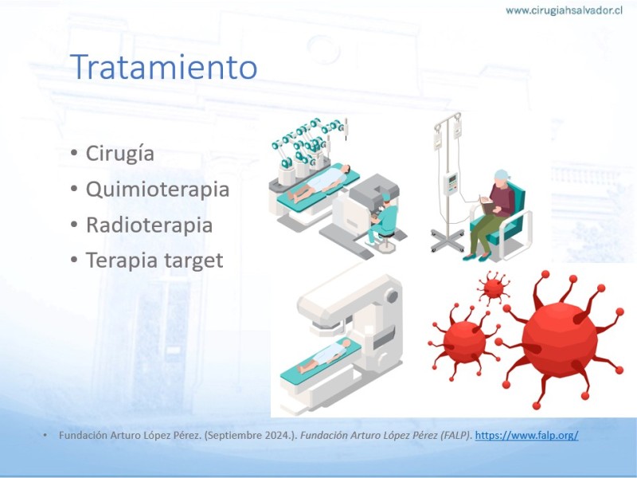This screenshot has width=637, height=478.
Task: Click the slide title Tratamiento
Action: click(x=164, y=66)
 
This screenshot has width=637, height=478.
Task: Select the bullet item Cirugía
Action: click(x=120, y=154)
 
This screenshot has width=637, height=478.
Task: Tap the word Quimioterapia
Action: click(x=158, y=190)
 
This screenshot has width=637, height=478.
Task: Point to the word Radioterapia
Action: click(x=149, y=225)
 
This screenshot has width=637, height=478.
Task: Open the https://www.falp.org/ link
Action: click(x=526, y=435)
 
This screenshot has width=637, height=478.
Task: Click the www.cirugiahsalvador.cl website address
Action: click(x=564, y=10)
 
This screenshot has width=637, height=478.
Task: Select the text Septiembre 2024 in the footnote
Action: click(x=239, y=435)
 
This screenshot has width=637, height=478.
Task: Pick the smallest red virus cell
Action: click(x=494, y=288)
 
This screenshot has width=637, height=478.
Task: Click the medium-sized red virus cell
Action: click(x=464, y=342)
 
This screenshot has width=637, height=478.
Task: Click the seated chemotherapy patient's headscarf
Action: click(x=502, y=176)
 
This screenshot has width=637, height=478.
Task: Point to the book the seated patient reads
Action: click(x=487, y=206)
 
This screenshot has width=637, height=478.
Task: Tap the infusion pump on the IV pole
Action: click(x=451, y=183)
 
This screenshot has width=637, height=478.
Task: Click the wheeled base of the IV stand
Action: click(x=447, y=240)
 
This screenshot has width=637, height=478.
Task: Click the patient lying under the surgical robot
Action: click(x=318, y=183)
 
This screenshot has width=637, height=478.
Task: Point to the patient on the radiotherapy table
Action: click(x=324, y=356)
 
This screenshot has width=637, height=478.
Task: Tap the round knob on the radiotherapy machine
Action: click(x=392, y=296)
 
